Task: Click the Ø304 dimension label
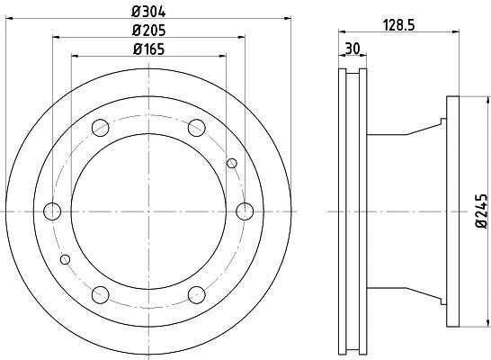tap(148, 12)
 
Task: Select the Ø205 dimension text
tap(148, 31)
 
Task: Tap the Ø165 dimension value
tap(148, 49)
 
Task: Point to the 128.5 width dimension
tap(399, 25)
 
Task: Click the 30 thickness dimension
tap(353, 49)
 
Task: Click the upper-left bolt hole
tap(100, 128)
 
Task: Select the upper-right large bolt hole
tap(197, 128)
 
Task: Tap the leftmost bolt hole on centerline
tap(52, 211)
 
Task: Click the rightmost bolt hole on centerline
tap(245, 211)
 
